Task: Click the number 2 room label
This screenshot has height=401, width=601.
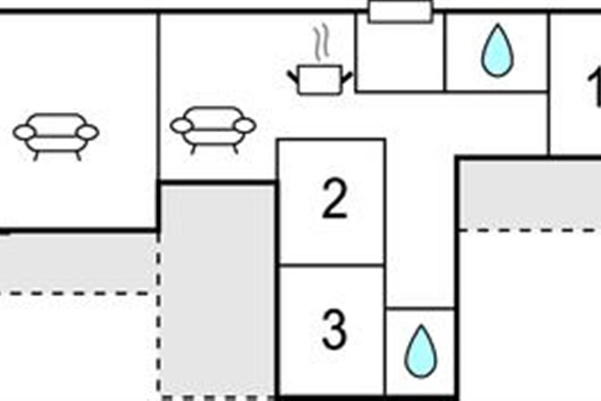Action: point(334,200)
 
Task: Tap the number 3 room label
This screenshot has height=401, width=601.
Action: point(334,330)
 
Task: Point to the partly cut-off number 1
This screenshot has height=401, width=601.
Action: point(595,88)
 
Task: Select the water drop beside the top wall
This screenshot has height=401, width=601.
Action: point(497,51)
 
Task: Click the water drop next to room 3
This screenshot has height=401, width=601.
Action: point(420,352)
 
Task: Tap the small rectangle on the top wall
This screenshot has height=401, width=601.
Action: point(400,12)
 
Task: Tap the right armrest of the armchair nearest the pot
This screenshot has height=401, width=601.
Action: point(245,126)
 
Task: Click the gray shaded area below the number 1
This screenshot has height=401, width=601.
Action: point(530,194)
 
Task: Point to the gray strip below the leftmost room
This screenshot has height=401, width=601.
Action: point(78,262)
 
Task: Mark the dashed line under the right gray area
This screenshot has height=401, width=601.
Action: point(530,230)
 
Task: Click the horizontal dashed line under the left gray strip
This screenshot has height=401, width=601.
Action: point(75,293)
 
